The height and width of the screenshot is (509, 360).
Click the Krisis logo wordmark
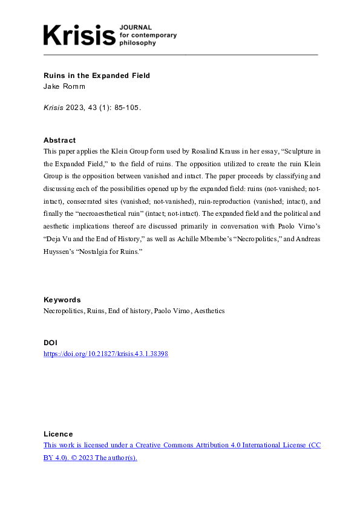pyautogui.click(x=79, y=34)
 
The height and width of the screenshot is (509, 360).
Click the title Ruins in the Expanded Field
pyautogui.click(x=97, y=76)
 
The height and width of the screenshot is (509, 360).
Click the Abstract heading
pyautogui.click(x=60, y=140)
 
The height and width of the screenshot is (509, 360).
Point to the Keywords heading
pyautogui.click(x=62, y=300)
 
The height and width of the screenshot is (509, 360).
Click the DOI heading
pyautogui.click(x=50, y=343)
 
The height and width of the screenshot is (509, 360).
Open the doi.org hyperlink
pyautogui.click(x=106, y=354)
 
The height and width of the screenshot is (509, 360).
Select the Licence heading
pyautogui.click(x=58, y=434)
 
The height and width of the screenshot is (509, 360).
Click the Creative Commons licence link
pyautogui.click(x=182, y=445)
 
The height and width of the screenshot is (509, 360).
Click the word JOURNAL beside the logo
pyautogui.click(x=136, y=27)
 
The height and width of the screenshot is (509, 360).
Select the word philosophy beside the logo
pyautogui.click(x=139, y=44)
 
